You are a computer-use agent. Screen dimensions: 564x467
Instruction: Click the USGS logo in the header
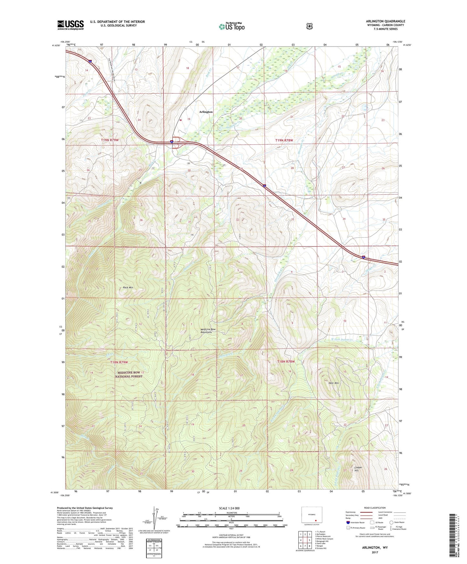pos(70,25)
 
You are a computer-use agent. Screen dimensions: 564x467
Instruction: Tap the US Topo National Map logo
pos(231,26)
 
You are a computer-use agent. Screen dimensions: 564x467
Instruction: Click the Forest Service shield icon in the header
pos(309,26)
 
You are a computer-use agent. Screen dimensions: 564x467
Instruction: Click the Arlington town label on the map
pos(206,112)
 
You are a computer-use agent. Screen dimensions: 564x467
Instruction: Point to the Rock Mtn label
pos(128,287)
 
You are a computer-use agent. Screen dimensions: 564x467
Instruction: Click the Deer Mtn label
pos(334,383)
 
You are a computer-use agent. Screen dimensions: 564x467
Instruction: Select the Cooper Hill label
pos(358,469)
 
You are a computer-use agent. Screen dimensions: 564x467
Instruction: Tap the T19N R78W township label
pos(284,140)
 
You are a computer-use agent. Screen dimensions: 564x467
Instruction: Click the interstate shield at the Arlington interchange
pos(172,141)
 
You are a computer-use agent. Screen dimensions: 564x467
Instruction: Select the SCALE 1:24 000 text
pos(229,508)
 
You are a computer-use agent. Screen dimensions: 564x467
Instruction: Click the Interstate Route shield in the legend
pos(348,522)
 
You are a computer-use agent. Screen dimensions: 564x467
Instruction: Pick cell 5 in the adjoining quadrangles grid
pos(310,540)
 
